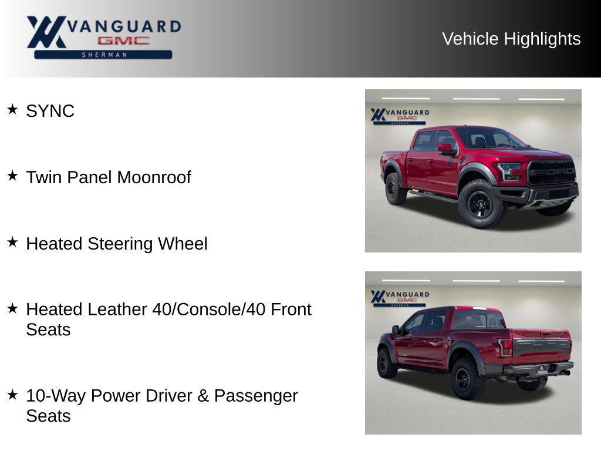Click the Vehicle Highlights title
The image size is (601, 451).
pyautogui.click(x=511, y=39)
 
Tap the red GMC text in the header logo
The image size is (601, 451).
pyautogui.click(x=123, y=41)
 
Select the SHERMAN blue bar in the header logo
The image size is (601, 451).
pyautogui.click(x=103, y=55)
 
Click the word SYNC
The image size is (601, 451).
pyautogui.click(x=50, y=111)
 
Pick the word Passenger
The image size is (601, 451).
pyautogui.click(x=256, y=396)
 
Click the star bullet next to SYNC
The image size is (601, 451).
pyautogui.click(x=12, y=109)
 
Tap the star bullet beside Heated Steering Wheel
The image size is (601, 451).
pyautogui.click(x=12, y=242)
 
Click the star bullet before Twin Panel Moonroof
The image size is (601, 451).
pyautogui.click(x=12, y=176)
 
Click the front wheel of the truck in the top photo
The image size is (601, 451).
pyautogui.click(x=480, y=204)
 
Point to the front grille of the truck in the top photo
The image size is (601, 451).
pyautogui.click(x=551, y=172)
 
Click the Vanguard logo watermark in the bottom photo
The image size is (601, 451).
pyautogui.click(x=400, y=297)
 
